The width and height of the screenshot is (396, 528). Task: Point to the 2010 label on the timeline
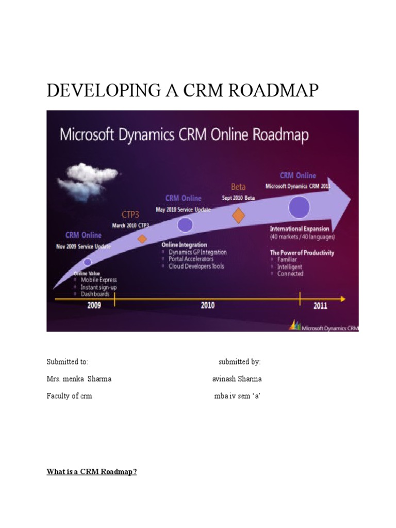(x=207, y=305)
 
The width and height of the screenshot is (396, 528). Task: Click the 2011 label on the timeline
(x=320, y=305)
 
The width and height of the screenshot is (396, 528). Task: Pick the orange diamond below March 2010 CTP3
(x=142, y=239)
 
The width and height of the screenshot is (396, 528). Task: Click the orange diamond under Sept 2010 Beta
(x=238, y=215)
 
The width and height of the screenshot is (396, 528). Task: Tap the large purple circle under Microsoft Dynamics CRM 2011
(x=299, y=207)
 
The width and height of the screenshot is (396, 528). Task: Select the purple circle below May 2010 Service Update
(x=185, y=225)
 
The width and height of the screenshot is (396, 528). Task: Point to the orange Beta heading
(x=238, y=187)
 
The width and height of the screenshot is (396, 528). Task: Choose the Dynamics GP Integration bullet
(x=197, y=252)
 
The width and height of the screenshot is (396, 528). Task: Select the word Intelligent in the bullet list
(x=290, y=267)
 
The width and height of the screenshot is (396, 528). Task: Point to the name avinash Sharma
(x=237, y=379)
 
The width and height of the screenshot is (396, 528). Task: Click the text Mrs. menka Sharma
(x=79, y=379)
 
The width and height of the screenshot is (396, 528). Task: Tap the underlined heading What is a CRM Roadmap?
(x=92, y=472)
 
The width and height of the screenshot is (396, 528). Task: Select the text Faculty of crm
(x=69, y=397)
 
